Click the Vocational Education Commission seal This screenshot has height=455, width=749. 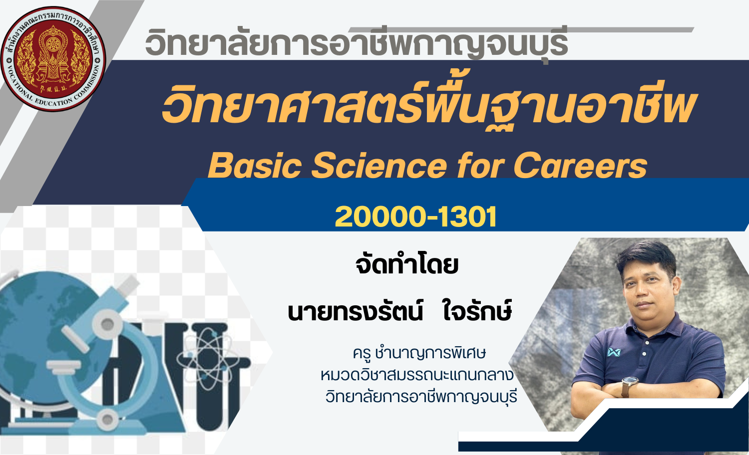point(53,59)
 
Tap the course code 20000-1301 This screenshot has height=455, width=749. point(415,217)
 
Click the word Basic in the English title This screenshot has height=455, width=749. point(255,165)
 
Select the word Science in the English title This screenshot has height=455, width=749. point(379,165)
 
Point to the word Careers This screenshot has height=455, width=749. point(580,165)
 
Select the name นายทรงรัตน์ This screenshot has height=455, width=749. point(356,310)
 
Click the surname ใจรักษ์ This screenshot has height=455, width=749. point(477,310)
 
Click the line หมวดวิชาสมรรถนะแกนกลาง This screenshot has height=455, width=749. point(417,375)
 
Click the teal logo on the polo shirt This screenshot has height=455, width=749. point(614,352)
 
